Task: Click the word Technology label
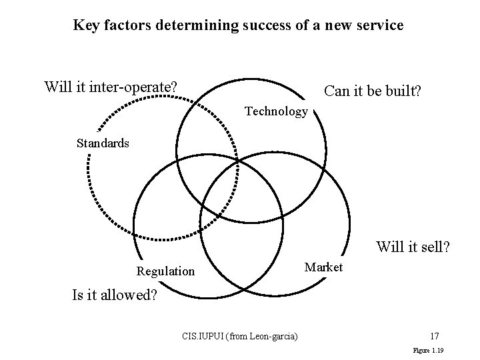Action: (276, 112)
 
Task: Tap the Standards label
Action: (103, 143)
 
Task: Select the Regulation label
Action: (165, 271)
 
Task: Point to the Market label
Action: (323, 267)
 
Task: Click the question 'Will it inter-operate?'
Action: (111, 87)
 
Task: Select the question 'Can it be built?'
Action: (372, 91)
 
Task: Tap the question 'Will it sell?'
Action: (413, 247)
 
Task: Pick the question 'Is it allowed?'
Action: (115, 295)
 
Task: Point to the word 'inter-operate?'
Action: (135, 87)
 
